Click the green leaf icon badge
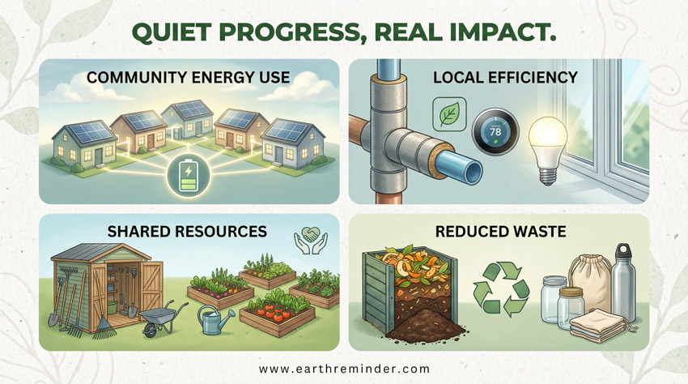[446, 114]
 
